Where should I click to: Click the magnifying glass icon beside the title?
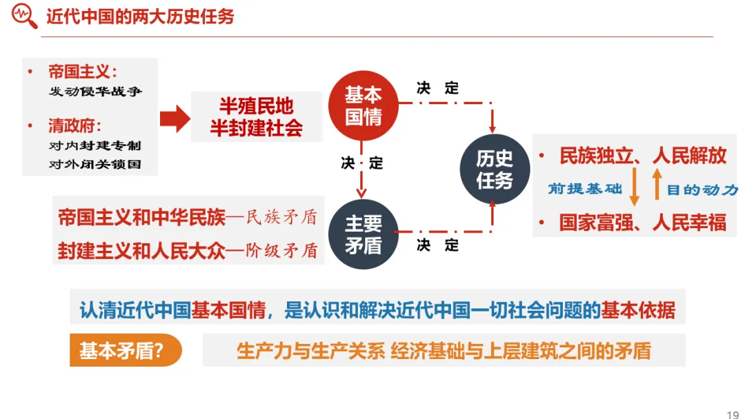25,17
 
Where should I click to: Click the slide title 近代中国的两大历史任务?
140,17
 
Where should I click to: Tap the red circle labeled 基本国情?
363,105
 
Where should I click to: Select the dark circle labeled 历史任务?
495,170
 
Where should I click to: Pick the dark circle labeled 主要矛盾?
363,234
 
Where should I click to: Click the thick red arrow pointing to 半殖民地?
175,119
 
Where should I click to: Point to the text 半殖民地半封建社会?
257,117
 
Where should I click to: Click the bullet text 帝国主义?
82,72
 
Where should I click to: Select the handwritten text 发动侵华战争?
95,92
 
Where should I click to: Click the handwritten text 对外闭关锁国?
95,165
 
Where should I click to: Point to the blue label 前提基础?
585,189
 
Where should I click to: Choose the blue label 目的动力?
702,190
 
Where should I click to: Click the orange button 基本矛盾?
122,351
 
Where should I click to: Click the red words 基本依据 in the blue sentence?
638,310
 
